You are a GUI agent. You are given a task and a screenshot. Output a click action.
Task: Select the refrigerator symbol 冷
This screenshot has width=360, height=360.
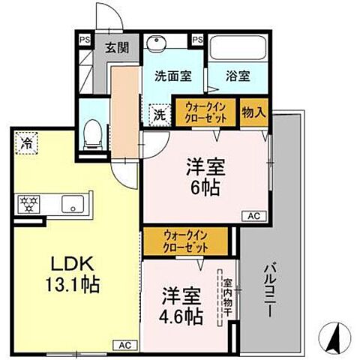click(25, 142)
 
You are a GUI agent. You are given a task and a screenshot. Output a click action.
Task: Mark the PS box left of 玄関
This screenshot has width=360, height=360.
click(84, 38)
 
